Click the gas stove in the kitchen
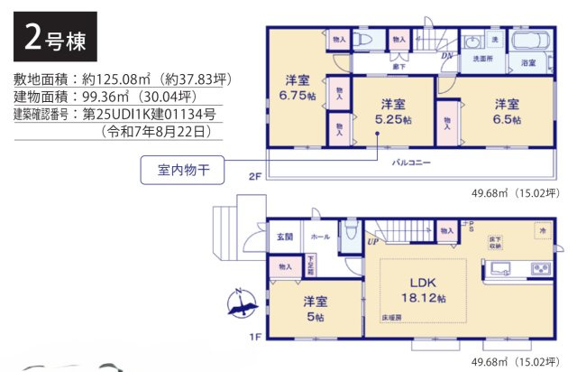click(539, 268)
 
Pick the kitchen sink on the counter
click(503, 268)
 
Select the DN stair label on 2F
click(446, 56)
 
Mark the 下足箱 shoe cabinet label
click(311, 265)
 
